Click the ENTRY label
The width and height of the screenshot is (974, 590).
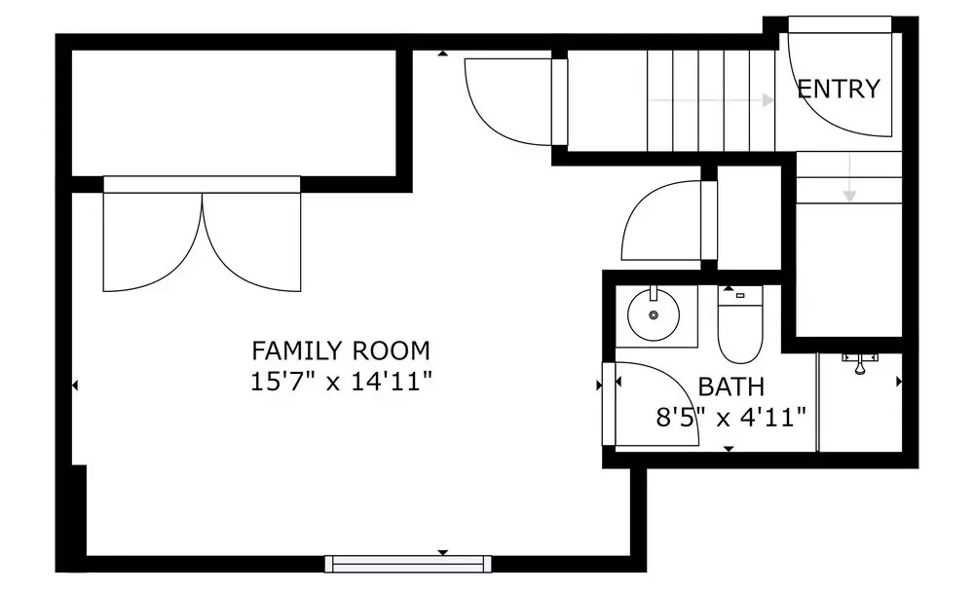pos(839,89)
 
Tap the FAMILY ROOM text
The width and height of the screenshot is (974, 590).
pos(340,350)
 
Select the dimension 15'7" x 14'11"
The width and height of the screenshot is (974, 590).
pos(340,381)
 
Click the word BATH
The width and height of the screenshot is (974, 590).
pos(731,387)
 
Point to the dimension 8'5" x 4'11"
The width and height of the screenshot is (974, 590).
pos(731,417)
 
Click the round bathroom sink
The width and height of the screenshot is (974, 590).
pos(654,314)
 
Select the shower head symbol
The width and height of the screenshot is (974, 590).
pos(860,364)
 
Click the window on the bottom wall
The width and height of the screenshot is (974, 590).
pos(408,564)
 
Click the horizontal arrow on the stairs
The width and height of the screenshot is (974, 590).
pos(711,100)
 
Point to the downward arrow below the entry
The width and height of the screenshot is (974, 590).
pos(849,177)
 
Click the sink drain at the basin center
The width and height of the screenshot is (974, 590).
pos(654,315)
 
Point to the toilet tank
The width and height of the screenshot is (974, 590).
pos(740,296)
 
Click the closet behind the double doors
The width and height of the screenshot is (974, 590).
pos(234,113)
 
